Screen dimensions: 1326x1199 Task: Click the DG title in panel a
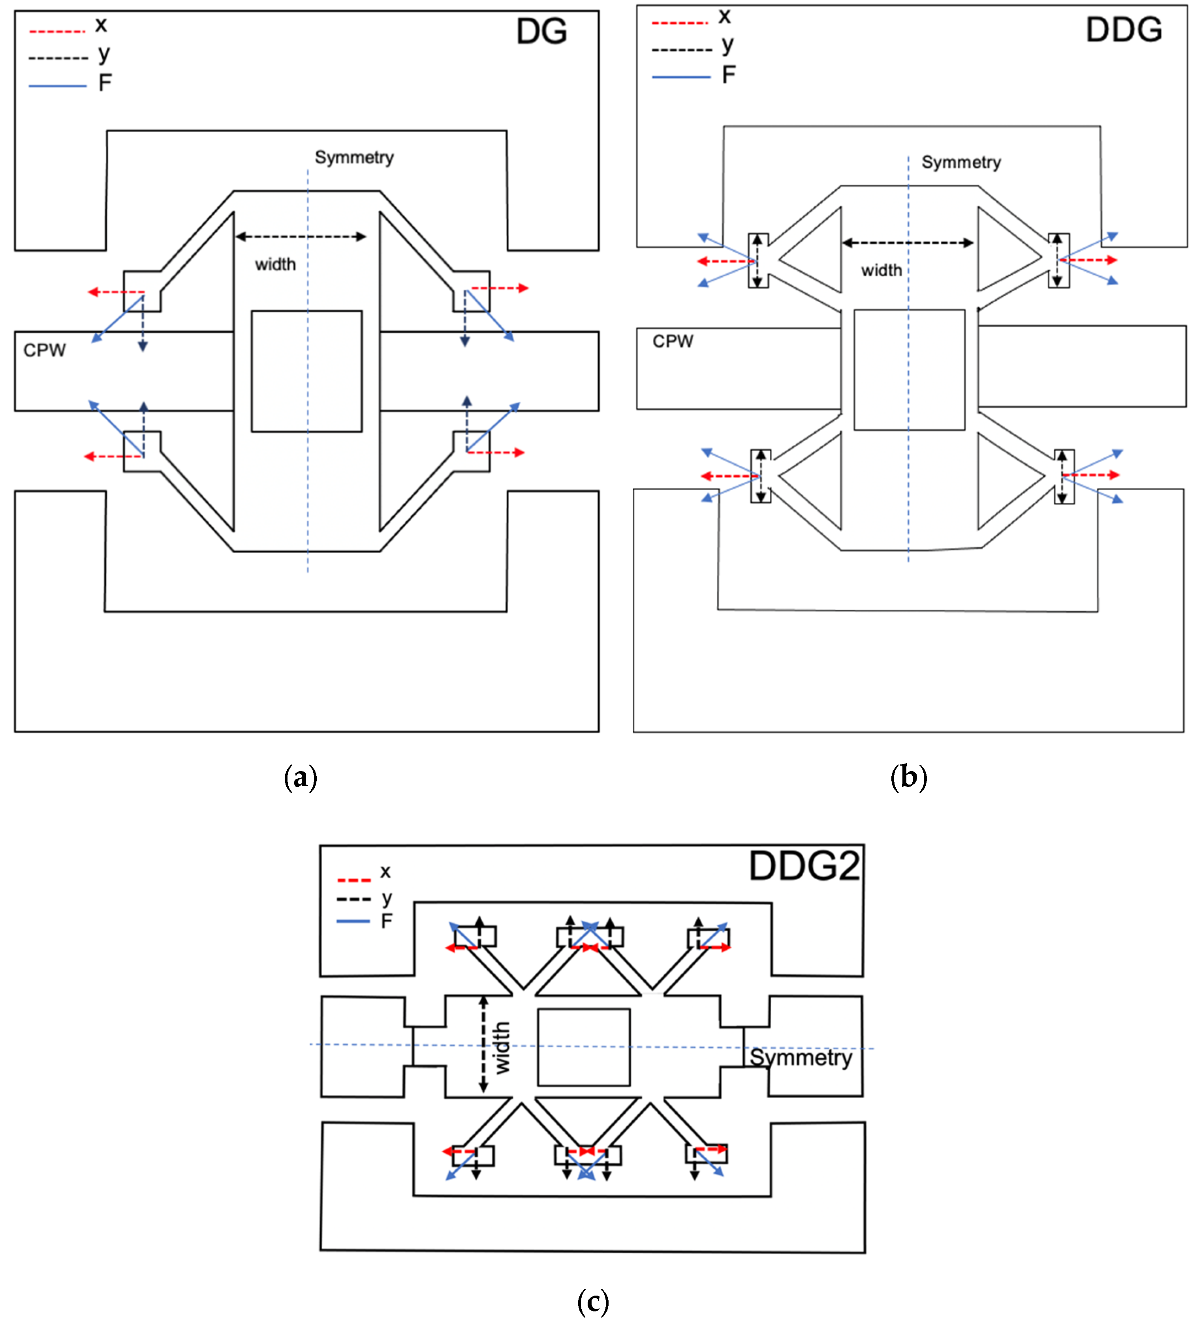point(541,32)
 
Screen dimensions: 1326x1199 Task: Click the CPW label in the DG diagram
point(44,350)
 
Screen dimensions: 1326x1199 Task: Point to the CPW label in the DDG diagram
point(673,341)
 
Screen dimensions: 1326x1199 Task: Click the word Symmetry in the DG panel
point(354,157)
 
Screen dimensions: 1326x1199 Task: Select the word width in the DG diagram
point(275,264)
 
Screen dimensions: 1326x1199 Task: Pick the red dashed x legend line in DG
point(57,31)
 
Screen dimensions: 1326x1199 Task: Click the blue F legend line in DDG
point(681,77)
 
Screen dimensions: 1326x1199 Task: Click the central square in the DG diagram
point(306,371)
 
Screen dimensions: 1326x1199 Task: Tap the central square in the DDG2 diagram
point(584,1047)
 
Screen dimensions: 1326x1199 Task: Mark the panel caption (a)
point(300,777)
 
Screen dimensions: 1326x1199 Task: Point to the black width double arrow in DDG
point(908,243)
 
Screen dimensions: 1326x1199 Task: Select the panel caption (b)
point(908,777)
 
